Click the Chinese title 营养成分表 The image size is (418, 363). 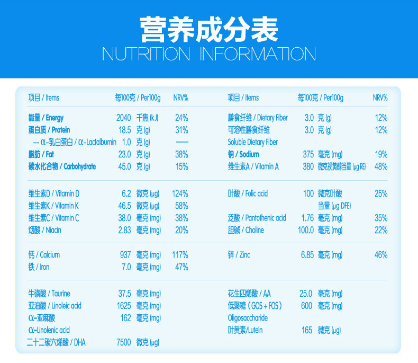point(209,29)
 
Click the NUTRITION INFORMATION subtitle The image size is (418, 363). point(209,54)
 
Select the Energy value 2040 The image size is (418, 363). point(124,118)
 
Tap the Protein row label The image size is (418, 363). point(49,130)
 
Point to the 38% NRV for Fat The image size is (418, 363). point(181,154)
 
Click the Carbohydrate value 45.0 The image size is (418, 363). point(124,166)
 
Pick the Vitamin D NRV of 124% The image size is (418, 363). point(180,193)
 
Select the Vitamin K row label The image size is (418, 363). point(53,206)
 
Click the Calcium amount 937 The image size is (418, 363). point(125,255)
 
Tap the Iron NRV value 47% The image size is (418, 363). point(181,267)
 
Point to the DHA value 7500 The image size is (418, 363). point(124,342)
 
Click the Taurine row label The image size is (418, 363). point(49,294)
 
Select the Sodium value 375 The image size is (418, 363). point(308,154)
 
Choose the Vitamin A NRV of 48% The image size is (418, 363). point(381,166)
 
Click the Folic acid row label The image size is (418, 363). point(248,193)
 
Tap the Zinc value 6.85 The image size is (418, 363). point(307,255)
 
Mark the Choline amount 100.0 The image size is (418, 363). point(306,230)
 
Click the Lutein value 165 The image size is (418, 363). point(307,330)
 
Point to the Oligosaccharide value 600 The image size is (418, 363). point(306,306)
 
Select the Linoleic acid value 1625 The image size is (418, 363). point(124,306)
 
